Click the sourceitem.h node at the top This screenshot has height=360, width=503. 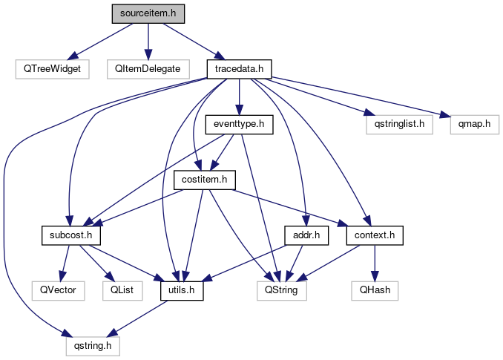click(148, 13)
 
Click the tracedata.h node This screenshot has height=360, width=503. click(239, 69)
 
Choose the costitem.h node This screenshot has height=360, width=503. click(204, 180)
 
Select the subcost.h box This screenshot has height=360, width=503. click(70, 235)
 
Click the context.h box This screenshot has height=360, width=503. click(375, 235)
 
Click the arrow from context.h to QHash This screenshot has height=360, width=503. click(375, 263)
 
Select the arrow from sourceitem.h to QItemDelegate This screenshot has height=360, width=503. click(147, 41)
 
